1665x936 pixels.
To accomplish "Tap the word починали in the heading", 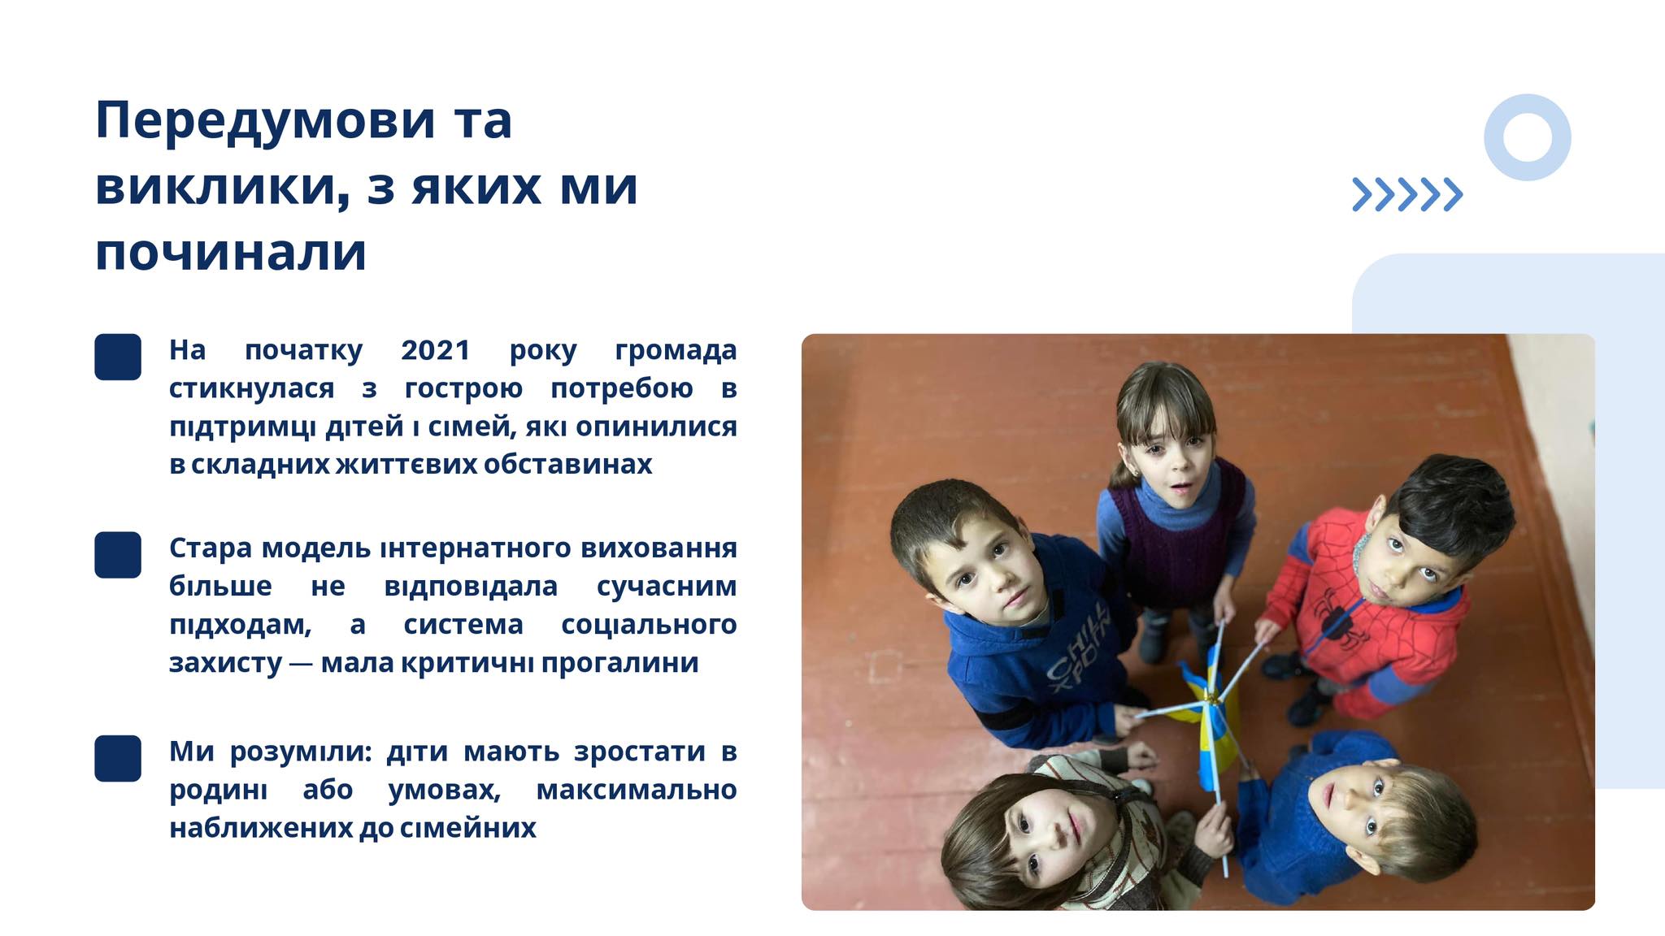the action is [231, 253].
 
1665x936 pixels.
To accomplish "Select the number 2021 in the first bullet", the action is [436, 349].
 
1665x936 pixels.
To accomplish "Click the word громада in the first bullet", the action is [676, 351].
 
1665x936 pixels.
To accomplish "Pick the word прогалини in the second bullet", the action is [619, 663].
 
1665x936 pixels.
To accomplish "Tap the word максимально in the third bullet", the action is [637, 790].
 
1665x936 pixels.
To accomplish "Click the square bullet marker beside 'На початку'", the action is [118, 357].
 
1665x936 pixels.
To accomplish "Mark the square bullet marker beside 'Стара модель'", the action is [118, 555].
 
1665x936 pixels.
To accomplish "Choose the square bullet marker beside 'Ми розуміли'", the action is [118, 758].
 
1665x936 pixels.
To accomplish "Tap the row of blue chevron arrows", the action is [1407, 194].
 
